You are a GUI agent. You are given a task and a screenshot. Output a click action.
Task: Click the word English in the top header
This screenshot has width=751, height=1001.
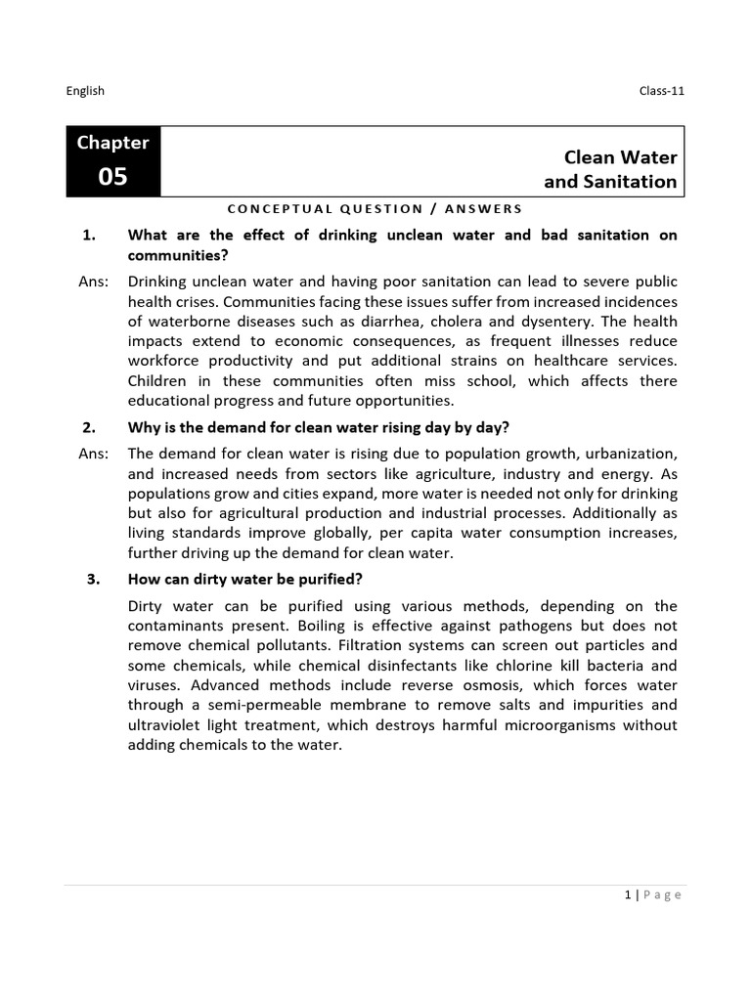pos(85,91)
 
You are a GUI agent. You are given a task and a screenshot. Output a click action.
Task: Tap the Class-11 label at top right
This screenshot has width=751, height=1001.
pos(657,91)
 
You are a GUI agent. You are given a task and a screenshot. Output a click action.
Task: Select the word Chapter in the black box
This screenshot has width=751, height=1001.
pos(113,143)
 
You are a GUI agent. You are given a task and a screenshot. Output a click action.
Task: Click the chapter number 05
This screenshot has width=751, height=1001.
pos(113,177)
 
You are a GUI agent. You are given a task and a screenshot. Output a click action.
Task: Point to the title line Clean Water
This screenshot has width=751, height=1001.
pos(620,157)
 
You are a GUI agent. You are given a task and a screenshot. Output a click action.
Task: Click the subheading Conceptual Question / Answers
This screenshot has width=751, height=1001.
pos(375,208)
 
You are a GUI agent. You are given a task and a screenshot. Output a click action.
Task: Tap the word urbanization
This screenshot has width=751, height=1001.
pos(627,455)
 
